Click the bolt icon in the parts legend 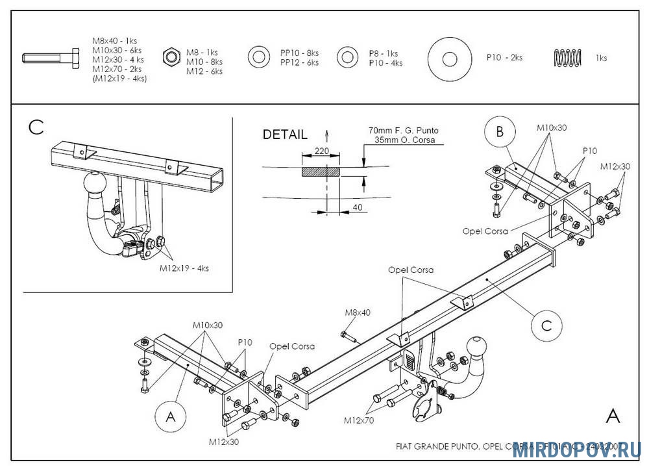51,58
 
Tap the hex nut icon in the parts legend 171,57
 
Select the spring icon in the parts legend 569,57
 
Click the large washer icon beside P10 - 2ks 450,58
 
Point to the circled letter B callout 499,132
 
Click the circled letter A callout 171,417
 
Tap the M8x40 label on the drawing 358,312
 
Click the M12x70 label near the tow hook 359,421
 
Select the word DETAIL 285,135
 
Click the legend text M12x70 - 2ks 116,69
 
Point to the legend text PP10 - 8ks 299,53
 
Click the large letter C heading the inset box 36,127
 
